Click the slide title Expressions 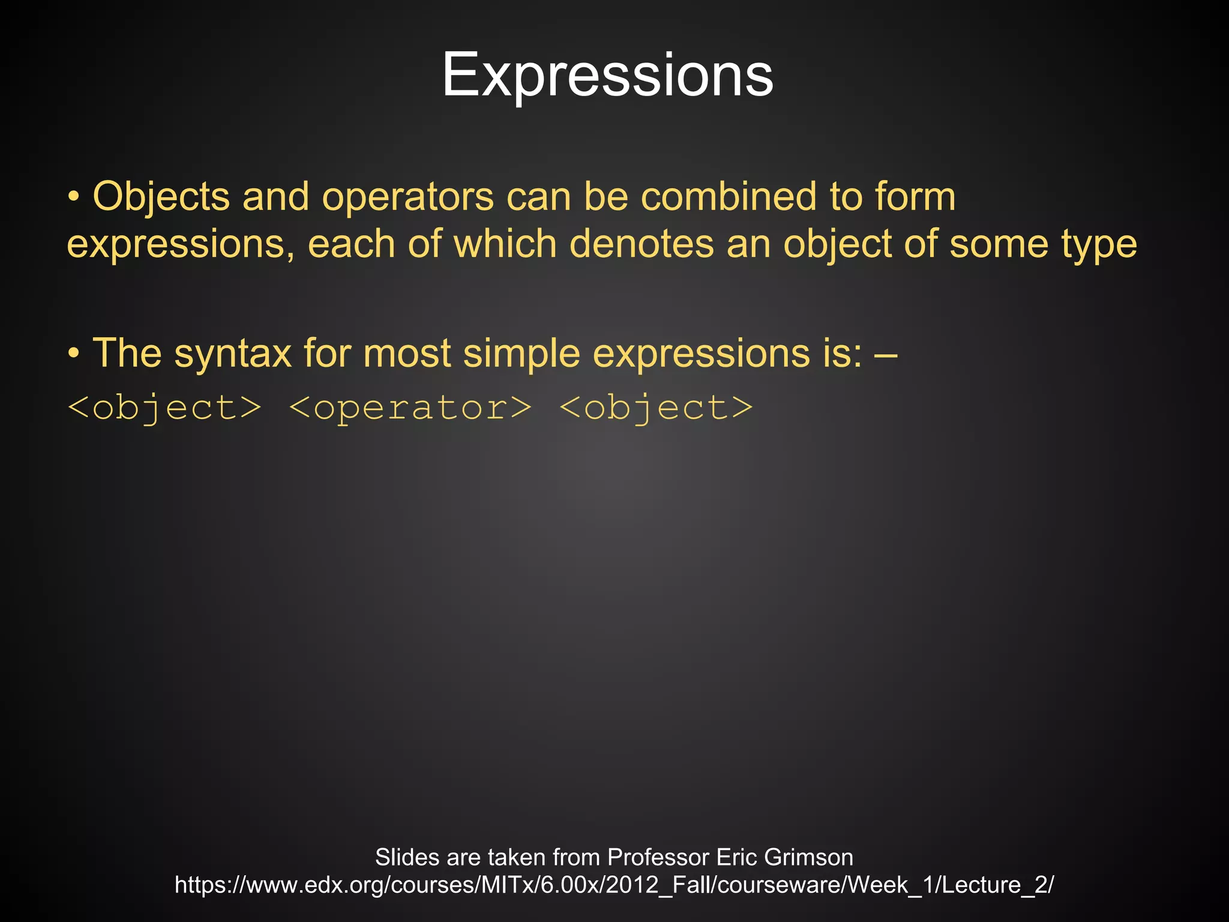pyautogui.click(x=607, y=74)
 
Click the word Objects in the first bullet pyautogui.click(x=161, y=197)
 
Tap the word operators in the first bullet pyautogui.click(x=407, y=197)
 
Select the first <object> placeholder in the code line pyautogui.click(x=164, y=408)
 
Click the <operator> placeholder pyautogui.click(x=410, y=408)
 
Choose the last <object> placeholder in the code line pyautogui.click(x=655, y=408)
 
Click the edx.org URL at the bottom pyautogui.click(x=614, y=885)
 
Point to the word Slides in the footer pyautogui.click(x=407, y=857)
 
